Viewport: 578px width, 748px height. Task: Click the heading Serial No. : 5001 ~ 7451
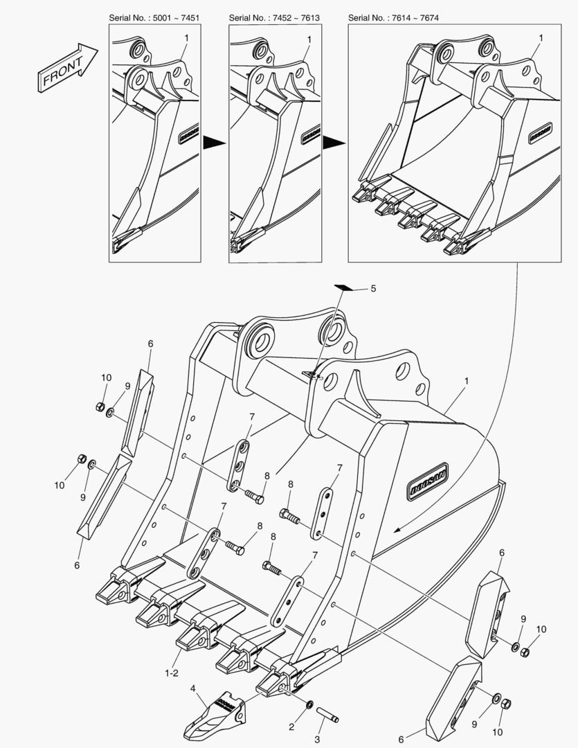155,17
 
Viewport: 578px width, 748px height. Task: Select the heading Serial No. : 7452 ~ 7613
275,17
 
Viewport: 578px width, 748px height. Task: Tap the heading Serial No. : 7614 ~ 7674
395,17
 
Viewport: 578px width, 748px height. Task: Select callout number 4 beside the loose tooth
194,689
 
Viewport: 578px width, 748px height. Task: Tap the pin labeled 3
327,711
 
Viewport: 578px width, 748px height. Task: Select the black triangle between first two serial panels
215,142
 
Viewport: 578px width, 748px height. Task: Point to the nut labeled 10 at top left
100,407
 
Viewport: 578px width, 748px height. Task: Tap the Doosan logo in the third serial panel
539,132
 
